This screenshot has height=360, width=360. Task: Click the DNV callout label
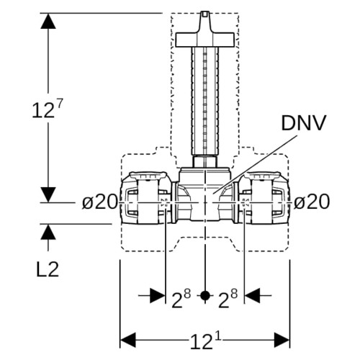[303, 123]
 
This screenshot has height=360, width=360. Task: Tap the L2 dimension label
[48, 269]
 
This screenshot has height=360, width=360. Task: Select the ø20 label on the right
[312, 202]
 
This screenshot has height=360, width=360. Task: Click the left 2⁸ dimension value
[181, 298]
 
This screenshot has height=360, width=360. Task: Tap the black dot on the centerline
[204, 296]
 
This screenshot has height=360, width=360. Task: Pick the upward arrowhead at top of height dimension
[48, 21]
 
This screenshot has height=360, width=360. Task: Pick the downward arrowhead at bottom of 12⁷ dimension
[48, 194]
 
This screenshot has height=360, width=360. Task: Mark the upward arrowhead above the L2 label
[48, 232]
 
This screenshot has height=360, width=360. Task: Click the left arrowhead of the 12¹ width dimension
[128, 340]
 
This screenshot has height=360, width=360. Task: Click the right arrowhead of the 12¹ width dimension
[282, 340]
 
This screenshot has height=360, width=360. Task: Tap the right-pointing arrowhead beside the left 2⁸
[158, 296]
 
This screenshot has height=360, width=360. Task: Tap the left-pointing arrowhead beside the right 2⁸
[252, 296]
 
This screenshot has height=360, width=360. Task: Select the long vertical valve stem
[205, 101]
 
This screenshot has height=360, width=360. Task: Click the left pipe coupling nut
[145, 198]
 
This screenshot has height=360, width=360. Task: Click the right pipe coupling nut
[264, 198]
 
